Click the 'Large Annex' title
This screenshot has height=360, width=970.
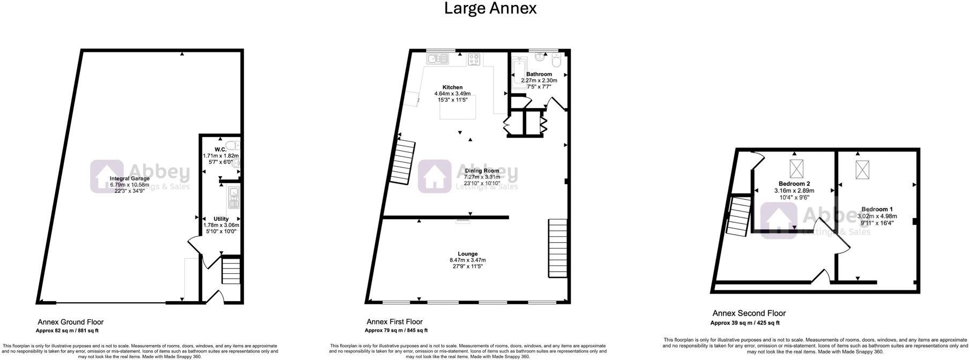(x=490, y=9)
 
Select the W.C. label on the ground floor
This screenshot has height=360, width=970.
(x=220, y=149)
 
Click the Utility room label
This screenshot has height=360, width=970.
(x=221, y=219)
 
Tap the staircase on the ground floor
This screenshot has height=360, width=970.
(x=232, y=271)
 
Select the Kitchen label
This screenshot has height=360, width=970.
(x=452, y=87)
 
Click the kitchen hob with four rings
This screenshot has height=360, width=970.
(x=474, y=59)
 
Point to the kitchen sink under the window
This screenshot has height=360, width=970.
(x=438, y=59)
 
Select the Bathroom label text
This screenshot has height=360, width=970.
(x=539, y=74)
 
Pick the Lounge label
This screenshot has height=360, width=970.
(x=467, y=254)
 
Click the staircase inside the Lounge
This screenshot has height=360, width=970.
(x=557, y=248)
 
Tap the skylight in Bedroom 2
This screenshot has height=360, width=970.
(x=797, y=169)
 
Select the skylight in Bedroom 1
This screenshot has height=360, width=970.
(x=863, y=170)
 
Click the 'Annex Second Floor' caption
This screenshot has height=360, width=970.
(x=749, y=313)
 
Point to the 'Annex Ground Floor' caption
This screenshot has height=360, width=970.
(x=70, y=322)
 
